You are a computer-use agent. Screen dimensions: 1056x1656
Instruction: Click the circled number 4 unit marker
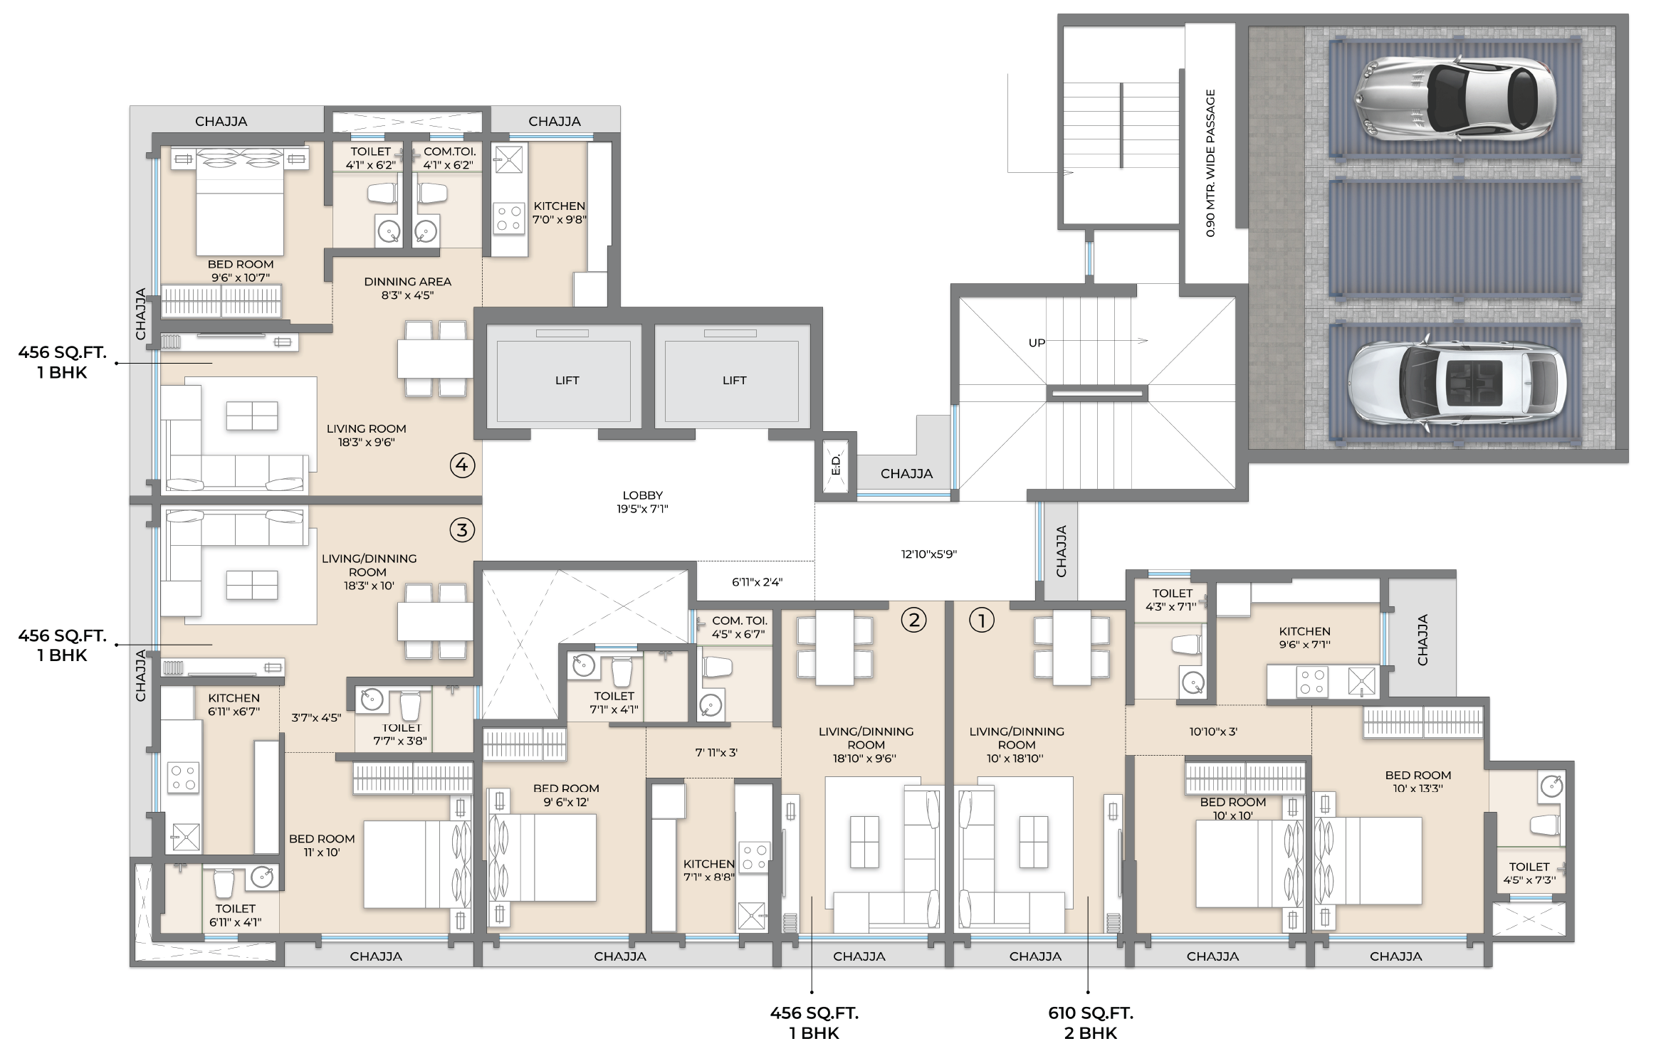[x=462, y=465]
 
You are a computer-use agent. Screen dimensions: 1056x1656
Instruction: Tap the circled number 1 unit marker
[x=982, y=621]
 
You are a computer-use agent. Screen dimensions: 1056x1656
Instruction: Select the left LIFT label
[x=567, y=381]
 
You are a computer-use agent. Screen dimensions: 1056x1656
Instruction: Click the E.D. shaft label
[x=837, y=466]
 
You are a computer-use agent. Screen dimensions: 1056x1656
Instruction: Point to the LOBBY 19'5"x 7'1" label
[x=642, y=502]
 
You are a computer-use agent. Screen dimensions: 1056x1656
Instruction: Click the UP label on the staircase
[x=1037, y=343]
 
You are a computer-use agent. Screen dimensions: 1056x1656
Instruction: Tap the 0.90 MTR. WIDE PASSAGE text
[x=1210, y=163]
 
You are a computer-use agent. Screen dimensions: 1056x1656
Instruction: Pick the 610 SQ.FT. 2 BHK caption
[x=1090, y=1022]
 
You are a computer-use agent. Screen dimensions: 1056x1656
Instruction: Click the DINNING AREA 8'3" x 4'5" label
[x=407, y=288]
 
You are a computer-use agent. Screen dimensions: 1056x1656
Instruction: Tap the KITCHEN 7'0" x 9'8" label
[x=560, y=213]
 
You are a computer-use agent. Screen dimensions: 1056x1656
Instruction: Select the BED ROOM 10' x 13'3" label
[x=1417, y=781]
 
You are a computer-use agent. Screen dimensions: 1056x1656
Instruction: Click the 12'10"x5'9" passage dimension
[x=928, y=554]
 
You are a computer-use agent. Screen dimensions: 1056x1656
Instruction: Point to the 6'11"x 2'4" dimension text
[x=757, y=582]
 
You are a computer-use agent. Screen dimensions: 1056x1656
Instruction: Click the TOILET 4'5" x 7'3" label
[x=1529, y=873]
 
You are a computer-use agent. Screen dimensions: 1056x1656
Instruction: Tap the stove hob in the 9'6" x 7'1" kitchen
[x=1311, y=682]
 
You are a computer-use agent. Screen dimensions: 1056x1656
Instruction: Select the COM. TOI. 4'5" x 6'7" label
[x=739, y=627]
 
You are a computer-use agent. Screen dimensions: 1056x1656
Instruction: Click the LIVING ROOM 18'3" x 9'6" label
[x=366, y=435]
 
